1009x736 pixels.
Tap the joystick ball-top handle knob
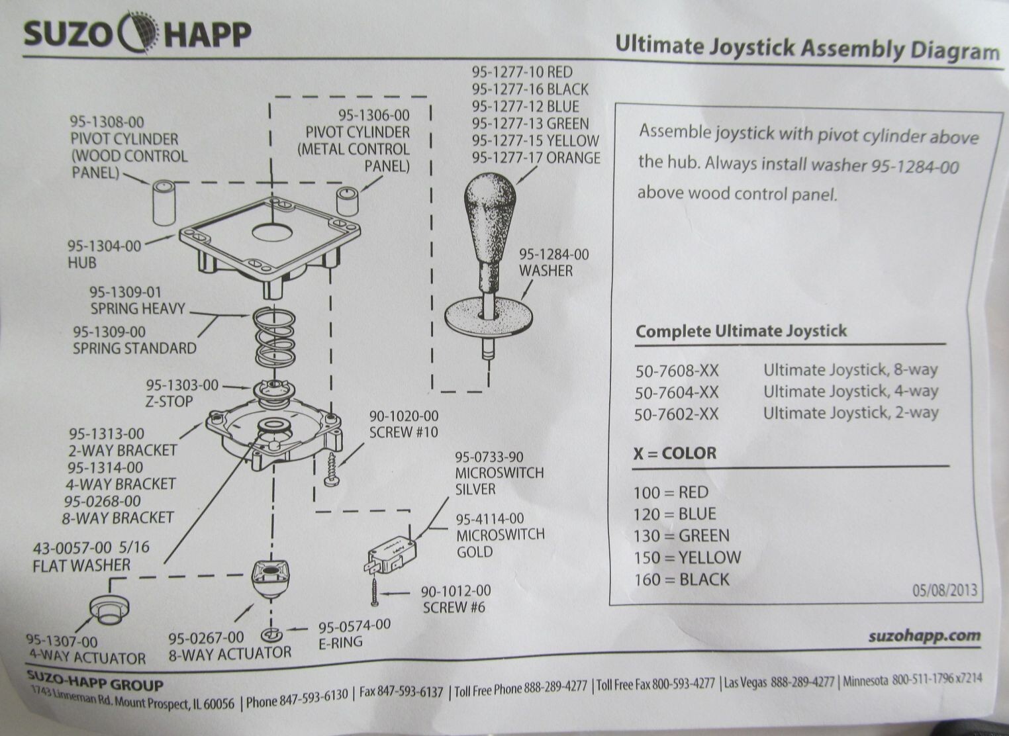(489, 208)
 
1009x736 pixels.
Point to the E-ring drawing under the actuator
(271, 635)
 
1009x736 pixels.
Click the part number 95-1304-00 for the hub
(104, 246)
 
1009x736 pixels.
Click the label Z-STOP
(169, 402)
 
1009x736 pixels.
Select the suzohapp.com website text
(924, 636)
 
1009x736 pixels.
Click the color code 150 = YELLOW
(687, 557)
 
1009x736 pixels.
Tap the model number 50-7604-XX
(676, 392)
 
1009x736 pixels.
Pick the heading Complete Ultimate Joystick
(740, 331)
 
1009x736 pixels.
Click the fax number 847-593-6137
(401, 692)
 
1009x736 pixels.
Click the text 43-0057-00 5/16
(91, 548)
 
